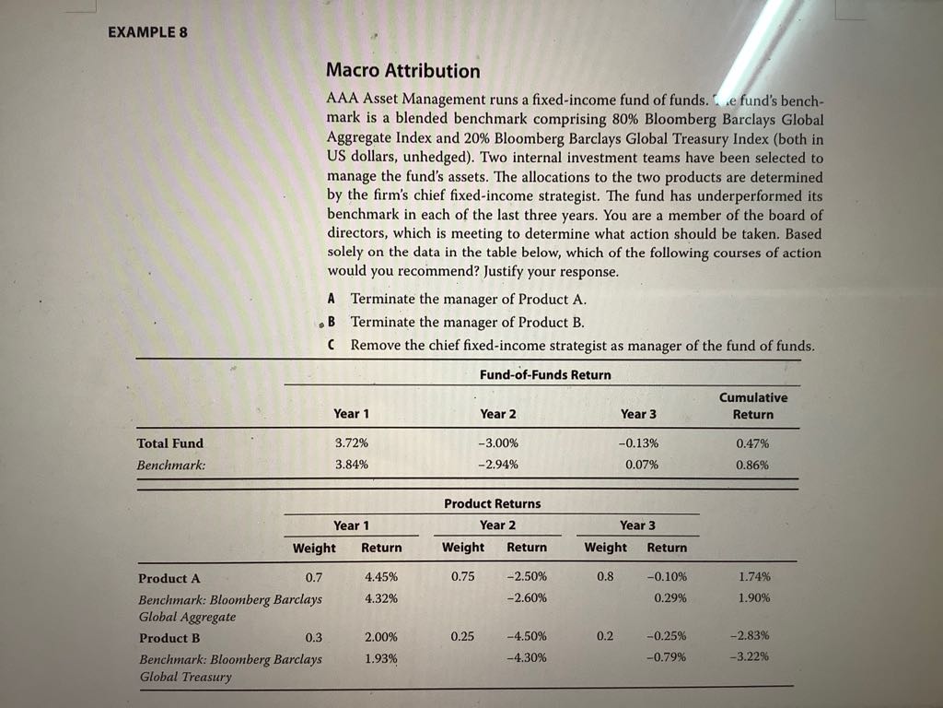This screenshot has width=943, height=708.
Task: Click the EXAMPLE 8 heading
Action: (x=147, y=31)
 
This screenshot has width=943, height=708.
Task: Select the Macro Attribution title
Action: (x=403, y=71)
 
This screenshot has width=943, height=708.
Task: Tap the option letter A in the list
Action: (x=332, y=299)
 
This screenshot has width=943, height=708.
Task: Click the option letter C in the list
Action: (x=332, y=346)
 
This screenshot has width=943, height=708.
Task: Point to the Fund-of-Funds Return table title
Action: (x=545, y=374)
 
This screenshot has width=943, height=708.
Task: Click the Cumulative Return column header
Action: (x=752, y=406)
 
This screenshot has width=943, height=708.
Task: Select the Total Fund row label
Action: (x=170, y=443)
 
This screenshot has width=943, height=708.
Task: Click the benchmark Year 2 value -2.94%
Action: (x=498, y=465)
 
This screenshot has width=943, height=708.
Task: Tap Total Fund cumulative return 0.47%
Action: (x=753, y=443)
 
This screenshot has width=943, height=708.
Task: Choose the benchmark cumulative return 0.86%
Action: (x=753, y=465)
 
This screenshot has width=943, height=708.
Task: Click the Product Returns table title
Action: (x=493, y=503)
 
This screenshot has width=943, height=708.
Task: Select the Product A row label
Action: (x=169, y=579)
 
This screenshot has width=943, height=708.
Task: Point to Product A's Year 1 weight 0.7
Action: (x=313, y=578)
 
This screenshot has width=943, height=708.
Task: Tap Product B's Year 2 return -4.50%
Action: (x=527, y=636)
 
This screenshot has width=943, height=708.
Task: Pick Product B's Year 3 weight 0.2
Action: (x=604, y=636)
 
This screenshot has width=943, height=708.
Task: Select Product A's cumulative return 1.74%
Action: (x=754, y=578)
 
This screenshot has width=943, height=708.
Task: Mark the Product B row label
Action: (x=169, y=638)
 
